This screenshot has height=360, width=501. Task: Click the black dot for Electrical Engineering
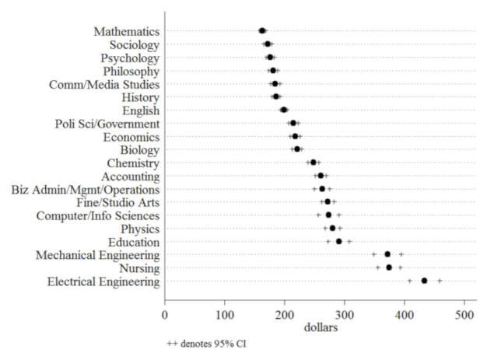(x=424, y=281)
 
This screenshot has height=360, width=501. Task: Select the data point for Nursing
(x=389, y=267)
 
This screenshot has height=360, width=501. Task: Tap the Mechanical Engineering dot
(x=387, y=254)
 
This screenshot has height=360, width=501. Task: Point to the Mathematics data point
(x=262, y=31)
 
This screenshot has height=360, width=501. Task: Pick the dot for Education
(x=338, y=241)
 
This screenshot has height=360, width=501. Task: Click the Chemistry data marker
(x=314, y=163)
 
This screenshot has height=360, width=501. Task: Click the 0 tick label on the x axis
(x=164, y=315)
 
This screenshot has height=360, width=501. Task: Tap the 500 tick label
(x=465, y=315)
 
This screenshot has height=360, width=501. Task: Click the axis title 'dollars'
(x=315, y=328)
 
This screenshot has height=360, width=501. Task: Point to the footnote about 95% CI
(x=206, y=343)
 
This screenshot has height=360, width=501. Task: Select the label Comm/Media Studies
(x=104, y=84)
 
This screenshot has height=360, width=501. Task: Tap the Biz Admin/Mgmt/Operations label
(x=86, y=189)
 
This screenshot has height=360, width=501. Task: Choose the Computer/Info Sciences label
(x=98, y=215)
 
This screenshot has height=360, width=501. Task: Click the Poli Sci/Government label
(x=107, y=124)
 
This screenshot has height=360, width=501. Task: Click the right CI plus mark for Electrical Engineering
(x=440, y=281)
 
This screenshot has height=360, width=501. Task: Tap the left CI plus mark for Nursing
(x=378, y=267)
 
